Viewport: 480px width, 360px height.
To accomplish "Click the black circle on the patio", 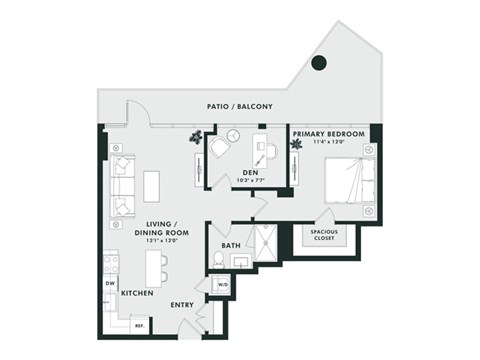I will (318, 63).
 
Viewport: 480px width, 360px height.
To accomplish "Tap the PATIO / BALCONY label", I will (240, 106).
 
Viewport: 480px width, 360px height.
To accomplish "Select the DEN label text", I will (250, 172).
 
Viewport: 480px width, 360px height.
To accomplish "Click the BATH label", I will (231, 244).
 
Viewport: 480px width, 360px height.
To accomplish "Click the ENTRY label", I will (182, 305).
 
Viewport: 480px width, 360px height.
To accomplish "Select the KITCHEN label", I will (136, 295).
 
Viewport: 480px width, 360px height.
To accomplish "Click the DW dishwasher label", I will (111, 282).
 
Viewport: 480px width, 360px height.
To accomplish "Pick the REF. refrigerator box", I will (140, 325).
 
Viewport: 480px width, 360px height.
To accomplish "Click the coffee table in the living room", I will (151, 186).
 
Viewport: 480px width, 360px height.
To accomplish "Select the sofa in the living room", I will (122, 185).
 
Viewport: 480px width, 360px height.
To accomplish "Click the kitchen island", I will (155, 268).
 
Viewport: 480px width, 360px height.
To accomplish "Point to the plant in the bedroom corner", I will (296, 144).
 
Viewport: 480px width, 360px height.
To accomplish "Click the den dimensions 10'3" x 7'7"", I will (250, 181).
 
